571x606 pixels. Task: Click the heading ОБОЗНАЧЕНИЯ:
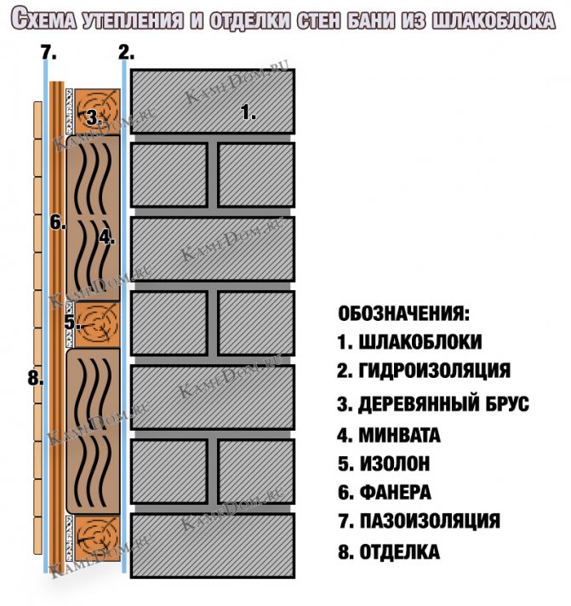(x=403, y=313)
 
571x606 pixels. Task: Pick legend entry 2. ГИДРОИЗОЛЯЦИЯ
(x=423, y=371)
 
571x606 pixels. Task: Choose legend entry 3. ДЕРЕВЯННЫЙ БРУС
(x=432, y=403)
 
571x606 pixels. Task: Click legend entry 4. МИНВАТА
(x=389, y=436)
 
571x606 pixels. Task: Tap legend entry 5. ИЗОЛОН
(x=383, y=464)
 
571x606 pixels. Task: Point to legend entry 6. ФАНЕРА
(x=384, y=492)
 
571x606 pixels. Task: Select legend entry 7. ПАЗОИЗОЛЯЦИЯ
(x=419, y=521)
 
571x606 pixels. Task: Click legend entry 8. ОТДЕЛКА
(x=389, y=552)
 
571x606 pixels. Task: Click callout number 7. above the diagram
(x=49, y=53)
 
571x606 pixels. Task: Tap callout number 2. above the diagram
(x=126, y=53)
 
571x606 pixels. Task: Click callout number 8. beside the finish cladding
(x=35, y=379)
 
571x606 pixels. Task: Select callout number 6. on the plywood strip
(x=57, y=223)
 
